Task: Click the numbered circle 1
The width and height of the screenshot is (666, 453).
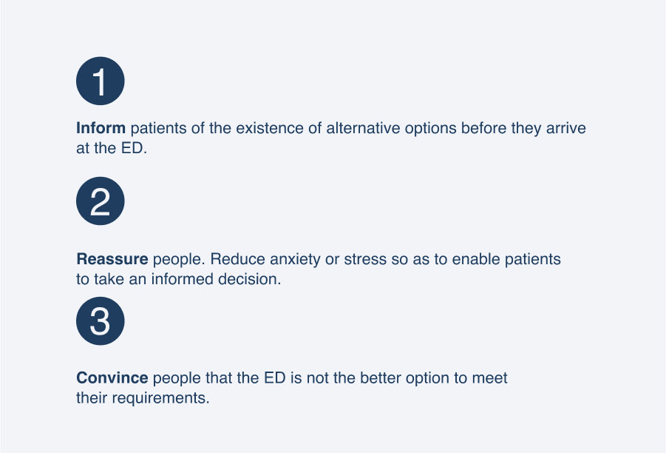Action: [x=101, y=81]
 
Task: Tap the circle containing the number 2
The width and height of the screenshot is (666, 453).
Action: [x=101, y=201]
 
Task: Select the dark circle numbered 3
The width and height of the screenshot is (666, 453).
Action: [x=101, y=321]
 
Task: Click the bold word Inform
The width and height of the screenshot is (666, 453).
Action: [x=101, y=128]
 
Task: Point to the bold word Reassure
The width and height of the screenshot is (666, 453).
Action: [x=112, y=259]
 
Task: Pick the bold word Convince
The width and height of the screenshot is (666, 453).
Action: [x=112, y=377]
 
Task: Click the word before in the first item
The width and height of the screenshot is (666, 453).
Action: [x=483, y=128]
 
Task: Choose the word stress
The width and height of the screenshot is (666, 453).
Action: [x=365, y=259]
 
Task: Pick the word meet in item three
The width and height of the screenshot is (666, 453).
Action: [x=490, y=377]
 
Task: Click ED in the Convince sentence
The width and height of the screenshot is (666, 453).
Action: [x=275, y=377]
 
